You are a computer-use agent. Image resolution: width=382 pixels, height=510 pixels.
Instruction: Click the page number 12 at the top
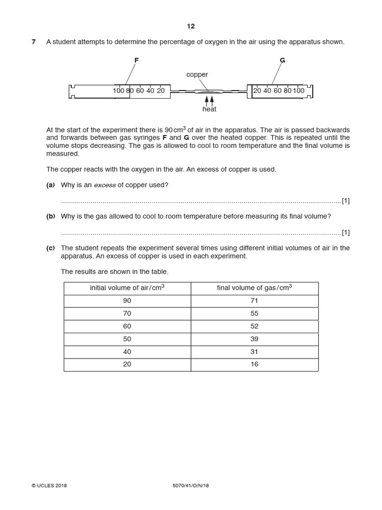point(191,26)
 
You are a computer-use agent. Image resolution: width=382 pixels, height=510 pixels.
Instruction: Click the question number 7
point(34,42)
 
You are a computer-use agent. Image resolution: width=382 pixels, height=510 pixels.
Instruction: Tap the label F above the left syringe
point(136,60)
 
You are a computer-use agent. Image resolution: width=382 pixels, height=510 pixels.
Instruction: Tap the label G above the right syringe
point(283,60)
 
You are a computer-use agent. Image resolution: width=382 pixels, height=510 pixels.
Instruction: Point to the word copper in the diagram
point(197,75)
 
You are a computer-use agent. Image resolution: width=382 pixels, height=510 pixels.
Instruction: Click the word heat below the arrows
point(209,109)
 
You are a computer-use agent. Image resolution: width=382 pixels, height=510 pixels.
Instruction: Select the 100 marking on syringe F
point(118,91)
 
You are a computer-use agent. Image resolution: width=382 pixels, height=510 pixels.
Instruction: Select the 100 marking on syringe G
point(298,91)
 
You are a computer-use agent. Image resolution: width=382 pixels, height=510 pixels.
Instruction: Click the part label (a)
point(51,185)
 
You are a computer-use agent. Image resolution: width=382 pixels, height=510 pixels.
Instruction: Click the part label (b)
point(51,216)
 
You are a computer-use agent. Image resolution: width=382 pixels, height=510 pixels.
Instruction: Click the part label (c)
point(51,248)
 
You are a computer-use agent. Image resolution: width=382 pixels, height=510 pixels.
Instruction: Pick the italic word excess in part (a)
point(105,185)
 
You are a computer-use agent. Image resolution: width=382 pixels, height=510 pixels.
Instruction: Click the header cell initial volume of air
point(127,288)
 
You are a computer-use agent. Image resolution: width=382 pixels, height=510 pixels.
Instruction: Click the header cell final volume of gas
point(254,288)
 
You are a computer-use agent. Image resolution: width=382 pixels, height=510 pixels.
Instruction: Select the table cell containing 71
point(254,301)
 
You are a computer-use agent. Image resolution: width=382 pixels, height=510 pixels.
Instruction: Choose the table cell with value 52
point(254,326)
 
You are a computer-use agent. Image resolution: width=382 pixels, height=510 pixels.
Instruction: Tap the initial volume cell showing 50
point(127,339)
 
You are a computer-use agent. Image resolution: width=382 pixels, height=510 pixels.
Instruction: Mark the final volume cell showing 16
point(254,364)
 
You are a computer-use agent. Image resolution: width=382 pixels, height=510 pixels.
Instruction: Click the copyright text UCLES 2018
point(49,486)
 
